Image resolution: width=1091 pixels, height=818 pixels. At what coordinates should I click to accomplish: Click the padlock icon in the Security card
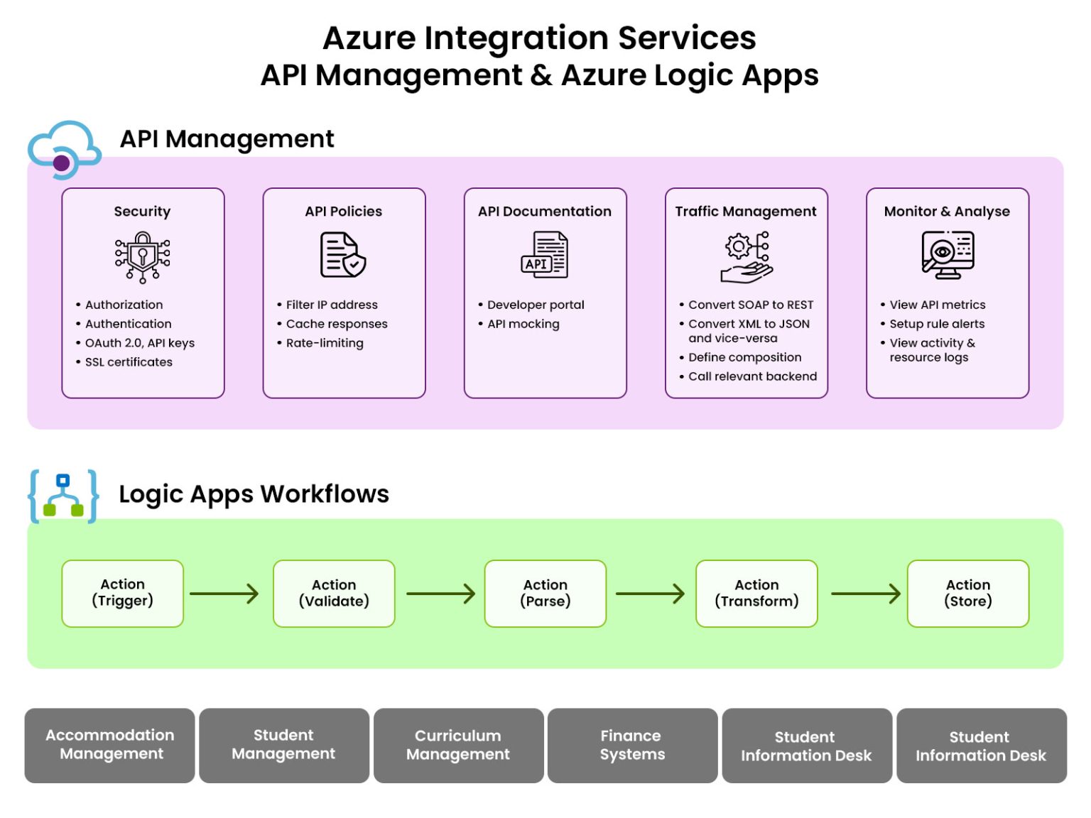(143, 256)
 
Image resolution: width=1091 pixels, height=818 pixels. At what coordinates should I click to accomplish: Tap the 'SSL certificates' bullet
(129, 362)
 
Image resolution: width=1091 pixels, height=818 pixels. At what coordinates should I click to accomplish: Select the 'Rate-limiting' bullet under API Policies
(325, 343)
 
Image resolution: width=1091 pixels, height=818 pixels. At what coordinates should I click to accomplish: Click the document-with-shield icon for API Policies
(343, 255)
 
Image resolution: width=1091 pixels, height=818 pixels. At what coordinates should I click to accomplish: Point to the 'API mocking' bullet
(523, 324)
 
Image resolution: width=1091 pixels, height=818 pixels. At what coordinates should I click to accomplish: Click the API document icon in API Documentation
(545, 255)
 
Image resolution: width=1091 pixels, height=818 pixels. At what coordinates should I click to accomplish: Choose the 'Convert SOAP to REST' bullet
(750, 305)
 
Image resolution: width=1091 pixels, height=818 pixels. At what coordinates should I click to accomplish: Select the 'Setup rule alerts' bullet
(937, 324)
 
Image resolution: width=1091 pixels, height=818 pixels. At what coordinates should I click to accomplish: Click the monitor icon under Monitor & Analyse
(948, 255)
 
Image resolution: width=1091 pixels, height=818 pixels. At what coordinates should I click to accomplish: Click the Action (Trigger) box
(122, 593)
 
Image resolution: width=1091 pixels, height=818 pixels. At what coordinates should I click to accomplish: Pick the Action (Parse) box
(545, 593)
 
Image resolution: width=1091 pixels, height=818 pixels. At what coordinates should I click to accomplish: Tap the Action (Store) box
(967, 593)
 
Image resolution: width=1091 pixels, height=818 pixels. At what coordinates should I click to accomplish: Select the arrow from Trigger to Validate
(224, 594)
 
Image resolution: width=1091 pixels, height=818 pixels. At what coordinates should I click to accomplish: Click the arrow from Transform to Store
(865, 594)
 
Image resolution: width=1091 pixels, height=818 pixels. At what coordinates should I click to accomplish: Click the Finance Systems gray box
(632, 745)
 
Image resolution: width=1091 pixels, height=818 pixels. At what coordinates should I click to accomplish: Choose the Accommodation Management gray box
(110, 745)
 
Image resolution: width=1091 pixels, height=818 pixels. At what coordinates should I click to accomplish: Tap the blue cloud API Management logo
(64, 149)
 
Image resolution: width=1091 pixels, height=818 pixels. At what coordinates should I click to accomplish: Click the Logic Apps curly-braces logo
(63, 496)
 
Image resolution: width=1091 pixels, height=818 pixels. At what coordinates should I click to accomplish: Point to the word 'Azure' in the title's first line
(369, 38)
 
